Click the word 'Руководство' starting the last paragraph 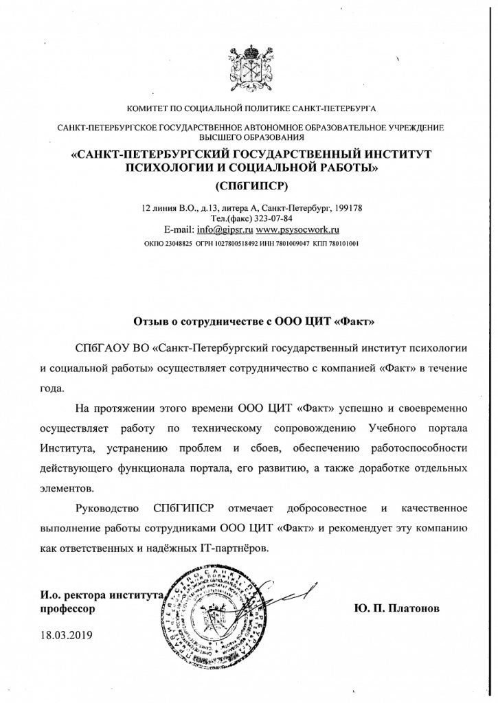[105, 509]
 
